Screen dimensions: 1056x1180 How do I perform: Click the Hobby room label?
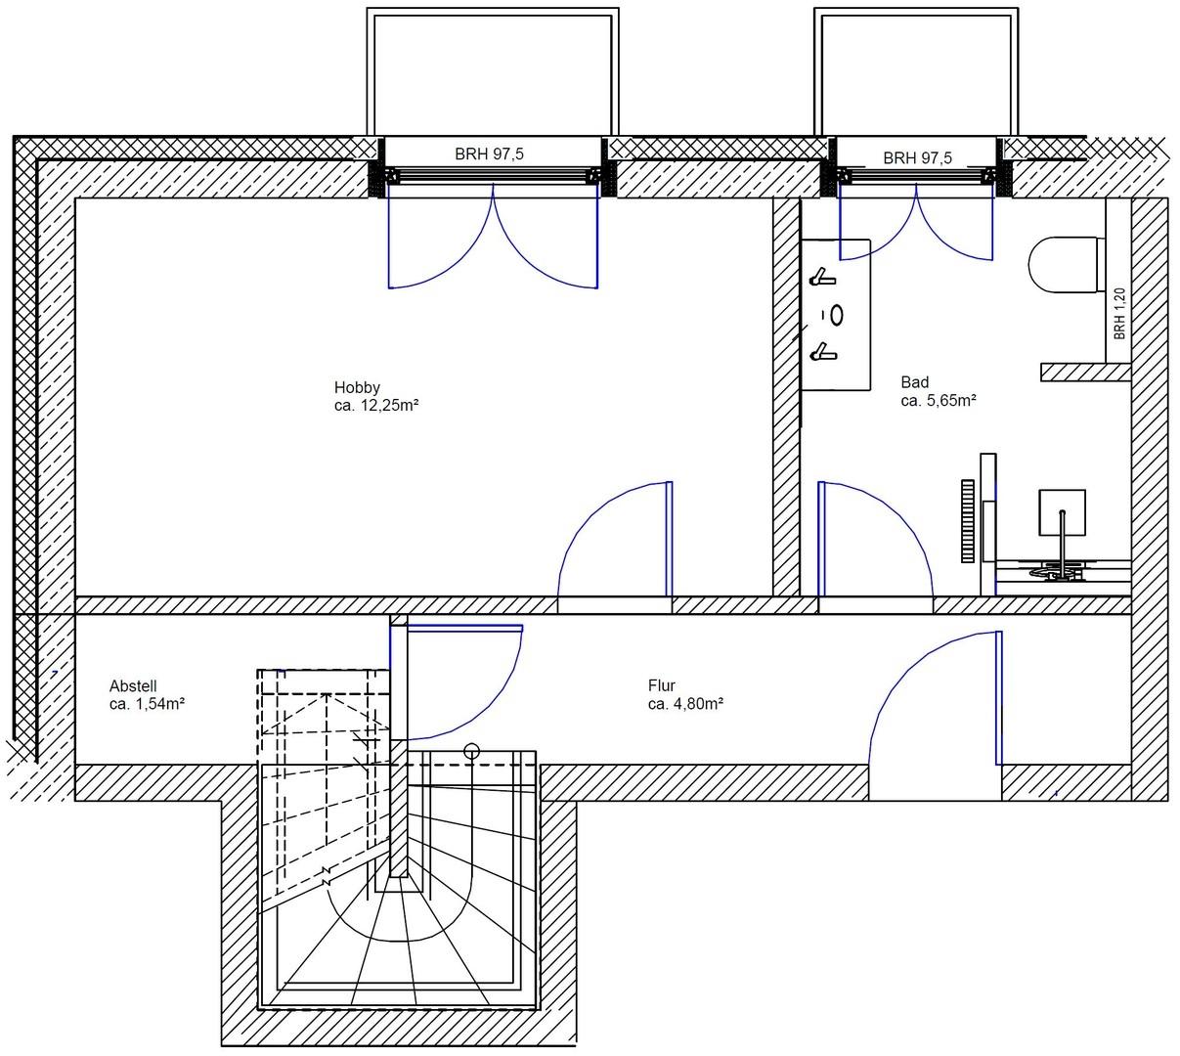coord(357,387)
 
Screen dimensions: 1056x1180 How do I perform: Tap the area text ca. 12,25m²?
coord(376,405)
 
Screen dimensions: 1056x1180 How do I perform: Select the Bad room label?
coord(915,382)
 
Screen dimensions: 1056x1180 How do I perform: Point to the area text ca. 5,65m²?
coord(939,400)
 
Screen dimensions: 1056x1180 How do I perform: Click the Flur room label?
coord(662,685)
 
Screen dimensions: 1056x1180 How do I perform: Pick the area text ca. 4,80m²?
coord(685,703)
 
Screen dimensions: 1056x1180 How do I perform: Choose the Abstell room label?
coord(133,685)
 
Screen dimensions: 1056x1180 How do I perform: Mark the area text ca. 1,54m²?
coord(148,703)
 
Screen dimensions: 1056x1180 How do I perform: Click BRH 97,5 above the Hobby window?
coord(489,154)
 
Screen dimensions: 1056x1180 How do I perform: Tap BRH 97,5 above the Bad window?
coord(917,157)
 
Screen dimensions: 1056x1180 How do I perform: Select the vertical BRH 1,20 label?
coord(1119,313)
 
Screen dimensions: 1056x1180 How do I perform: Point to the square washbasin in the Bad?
coord(1063,513)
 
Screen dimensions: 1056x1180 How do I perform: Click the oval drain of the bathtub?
coord(837,315)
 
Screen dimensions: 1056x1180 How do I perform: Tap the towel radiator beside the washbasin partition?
coord(968,520)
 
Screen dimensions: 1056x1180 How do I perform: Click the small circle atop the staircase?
coord(471,751)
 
